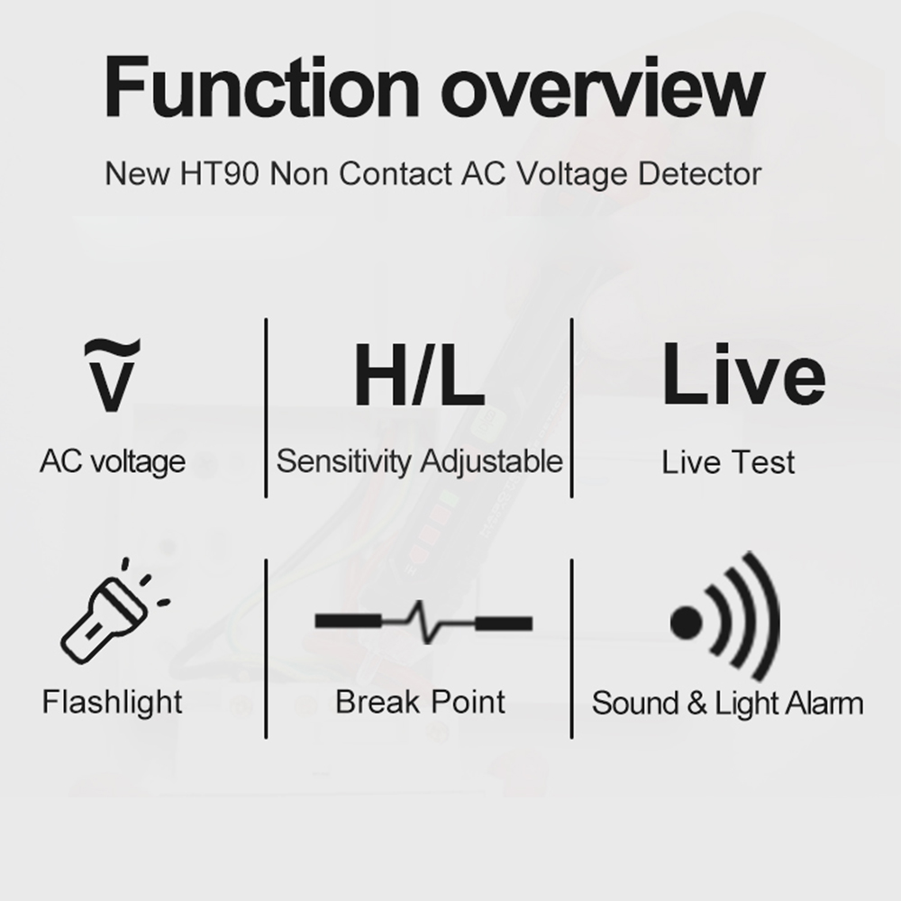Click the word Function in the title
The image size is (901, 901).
tap(262, 86)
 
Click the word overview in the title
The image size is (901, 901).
tap(603, 86)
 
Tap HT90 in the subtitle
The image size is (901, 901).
tap(220, 174)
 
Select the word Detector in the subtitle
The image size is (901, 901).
tap(699, 174)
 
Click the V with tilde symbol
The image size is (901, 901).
tap(112, 376)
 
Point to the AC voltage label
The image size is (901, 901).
tap(113, 460)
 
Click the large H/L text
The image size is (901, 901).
tap(419, 375)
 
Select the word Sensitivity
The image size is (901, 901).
tap(344, 461)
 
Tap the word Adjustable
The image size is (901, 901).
tap(491, 461)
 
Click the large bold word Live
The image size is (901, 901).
tap(743, 374)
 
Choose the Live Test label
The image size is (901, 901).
tap(728, 462)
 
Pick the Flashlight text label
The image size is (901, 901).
tap(112, 702)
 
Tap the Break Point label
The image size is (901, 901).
tap(420, 702)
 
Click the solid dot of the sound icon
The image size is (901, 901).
tap(686, 623)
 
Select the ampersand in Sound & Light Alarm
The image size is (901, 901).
tap(697, 703)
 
